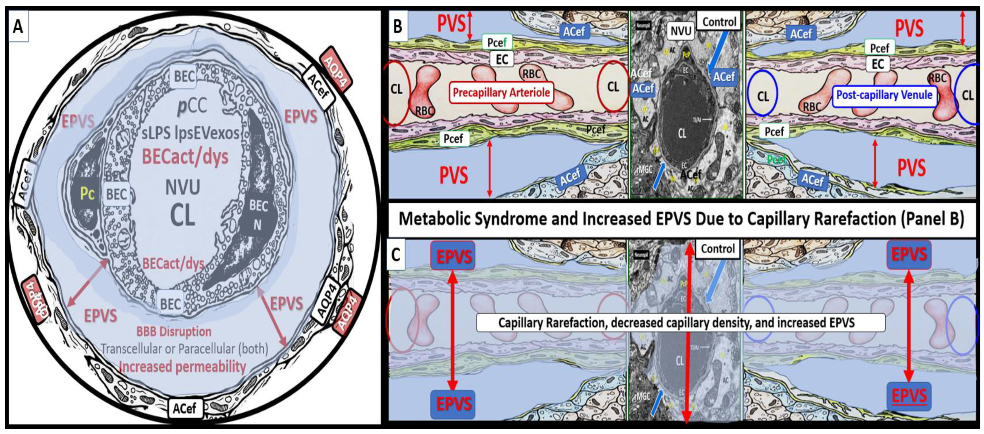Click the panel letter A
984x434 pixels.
tap(17, 27)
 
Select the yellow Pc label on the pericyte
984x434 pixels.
tap(87, 194)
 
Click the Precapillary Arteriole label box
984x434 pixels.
tap(501, 92)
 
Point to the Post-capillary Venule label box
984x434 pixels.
tap(884, 95)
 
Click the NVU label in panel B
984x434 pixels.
tap(681, 31)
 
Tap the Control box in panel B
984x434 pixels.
tap(719, 22)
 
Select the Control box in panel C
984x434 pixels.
tap(717, 249)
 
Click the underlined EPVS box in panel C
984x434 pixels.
tap(909, 396)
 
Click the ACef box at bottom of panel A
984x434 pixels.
tap(184, 408)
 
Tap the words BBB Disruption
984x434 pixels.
tap(174, 331)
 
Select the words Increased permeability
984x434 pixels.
tap(182, 367)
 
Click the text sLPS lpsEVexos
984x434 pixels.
tap(190, 133)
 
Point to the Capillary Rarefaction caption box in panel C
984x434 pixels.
tap(680, 323)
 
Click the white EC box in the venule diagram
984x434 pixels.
tap(877, 64)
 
